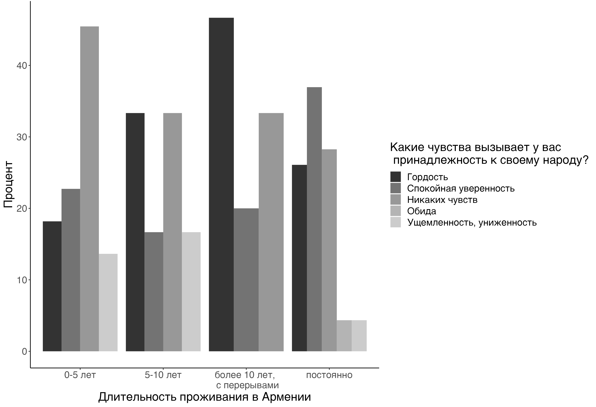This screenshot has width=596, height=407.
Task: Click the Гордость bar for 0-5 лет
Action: point(52,286)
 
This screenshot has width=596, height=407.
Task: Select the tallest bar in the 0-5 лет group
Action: point(90,189)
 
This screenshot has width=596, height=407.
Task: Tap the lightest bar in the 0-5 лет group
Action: point(108,302)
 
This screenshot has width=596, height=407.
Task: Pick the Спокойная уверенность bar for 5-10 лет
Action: point(154,292)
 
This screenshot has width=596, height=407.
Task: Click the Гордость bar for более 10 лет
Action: point(221,185)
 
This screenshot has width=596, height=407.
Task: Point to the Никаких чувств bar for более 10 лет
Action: point(271,232)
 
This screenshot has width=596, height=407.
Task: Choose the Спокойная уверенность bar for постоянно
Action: point(314,219)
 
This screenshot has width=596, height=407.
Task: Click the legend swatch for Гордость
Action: point(395,177)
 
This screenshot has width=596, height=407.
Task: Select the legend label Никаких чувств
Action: point(442,200)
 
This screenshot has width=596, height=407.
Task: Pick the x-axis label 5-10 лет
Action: point(163,375)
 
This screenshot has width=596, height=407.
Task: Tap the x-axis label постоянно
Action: point(329,375)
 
